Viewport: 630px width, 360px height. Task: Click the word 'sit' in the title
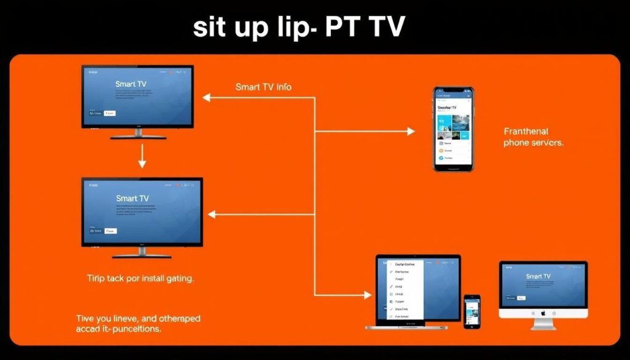coord(212,28)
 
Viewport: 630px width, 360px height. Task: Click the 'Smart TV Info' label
coord(263,87)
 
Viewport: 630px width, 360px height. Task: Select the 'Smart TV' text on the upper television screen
coord(132,83)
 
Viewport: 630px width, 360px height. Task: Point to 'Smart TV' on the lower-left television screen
coord(132,199)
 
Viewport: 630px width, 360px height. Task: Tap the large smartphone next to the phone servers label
coord(453,129)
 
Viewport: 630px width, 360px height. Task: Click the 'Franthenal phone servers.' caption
coord(533,137)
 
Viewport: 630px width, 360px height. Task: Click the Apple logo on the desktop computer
coord(543,313)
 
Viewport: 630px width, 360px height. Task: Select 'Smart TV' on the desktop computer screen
coord(538,277)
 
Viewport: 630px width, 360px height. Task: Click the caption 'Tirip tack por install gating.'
coord(141,279)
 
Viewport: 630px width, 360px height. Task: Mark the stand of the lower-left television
coord(142,252)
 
